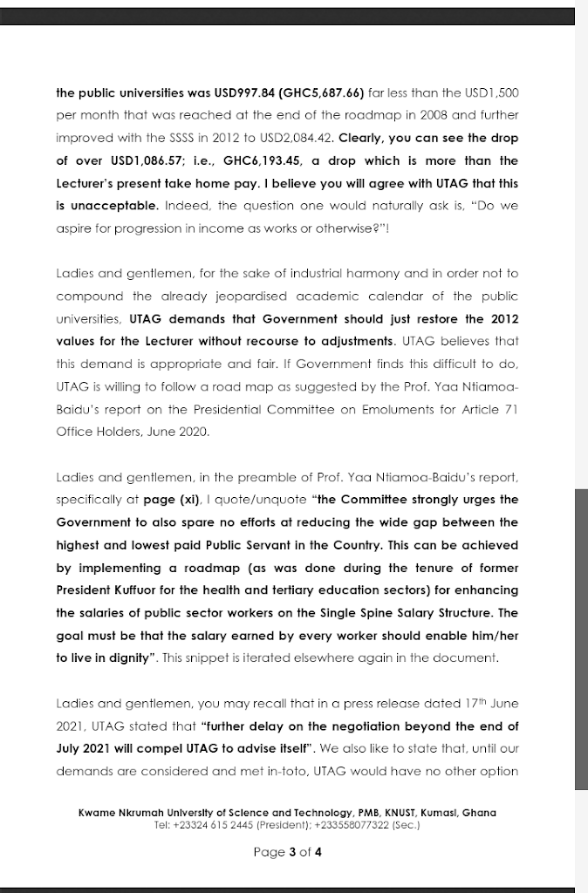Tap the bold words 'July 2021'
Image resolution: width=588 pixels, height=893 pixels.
pos(86,749)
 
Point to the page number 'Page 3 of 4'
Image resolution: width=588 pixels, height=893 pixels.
pos(288,852)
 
